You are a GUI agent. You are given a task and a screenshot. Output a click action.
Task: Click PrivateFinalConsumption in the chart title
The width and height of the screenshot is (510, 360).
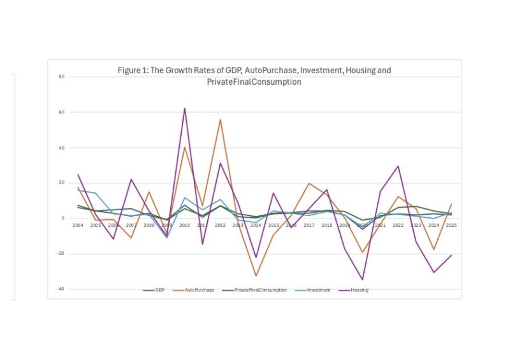coord(254,82)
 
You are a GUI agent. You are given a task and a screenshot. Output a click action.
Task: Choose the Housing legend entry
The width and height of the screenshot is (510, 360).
coord(358,290)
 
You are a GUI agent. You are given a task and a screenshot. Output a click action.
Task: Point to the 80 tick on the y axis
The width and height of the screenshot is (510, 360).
coord(62,76)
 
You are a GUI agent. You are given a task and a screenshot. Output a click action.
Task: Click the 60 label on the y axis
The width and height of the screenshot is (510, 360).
coord(62,112)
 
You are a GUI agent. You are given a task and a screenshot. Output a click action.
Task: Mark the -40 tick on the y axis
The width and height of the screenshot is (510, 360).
coord(61,289)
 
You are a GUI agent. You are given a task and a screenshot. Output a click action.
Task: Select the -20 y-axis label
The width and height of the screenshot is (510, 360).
coord(61,254)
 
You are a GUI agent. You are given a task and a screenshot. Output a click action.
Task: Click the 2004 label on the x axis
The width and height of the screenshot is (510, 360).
coord(78,225)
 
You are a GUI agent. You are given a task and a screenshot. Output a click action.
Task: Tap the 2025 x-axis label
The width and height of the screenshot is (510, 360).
coord(451,225)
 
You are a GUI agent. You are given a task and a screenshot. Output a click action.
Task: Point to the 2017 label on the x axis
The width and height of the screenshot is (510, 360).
coord(309,225)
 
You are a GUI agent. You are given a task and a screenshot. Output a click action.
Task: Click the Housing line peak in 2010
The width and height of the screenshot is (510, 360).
coord(185,108)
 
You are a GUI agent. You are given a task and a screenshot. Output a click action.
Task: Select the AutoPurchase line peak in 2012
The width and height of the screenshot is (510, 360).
coord(221,119)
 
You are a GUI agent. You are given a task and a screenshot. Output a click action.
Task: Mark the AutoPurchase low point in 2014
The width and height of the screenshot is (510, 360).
coord(256,276)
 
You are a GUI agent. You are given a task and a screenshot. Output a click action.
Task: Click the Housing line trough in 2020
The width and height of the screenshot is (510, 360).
coord(363,280)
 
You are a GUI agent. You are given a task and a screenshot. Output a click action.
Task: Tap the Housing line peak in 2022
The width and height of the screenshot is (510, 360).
coord(398,166)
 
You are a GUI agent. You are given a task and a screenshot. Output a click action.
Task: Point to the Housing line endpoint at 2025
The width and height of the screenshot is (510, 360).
coord(451,255)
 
